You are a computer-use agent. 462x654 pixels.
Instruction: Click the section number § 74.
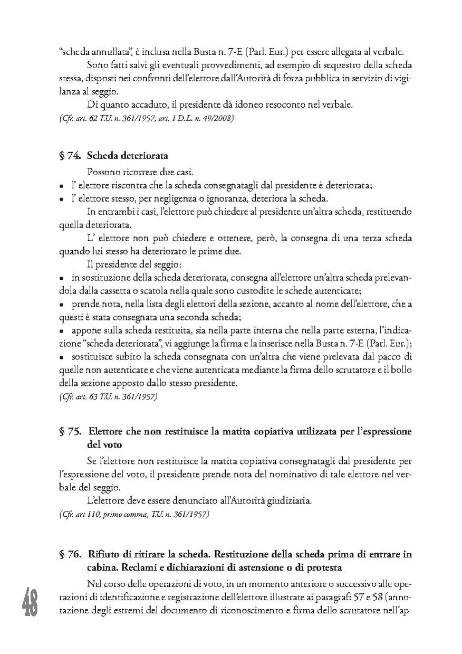tap(70, 157)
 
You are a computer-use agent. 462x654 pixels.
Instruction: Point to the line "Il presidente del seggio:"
tap(135, 264)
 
